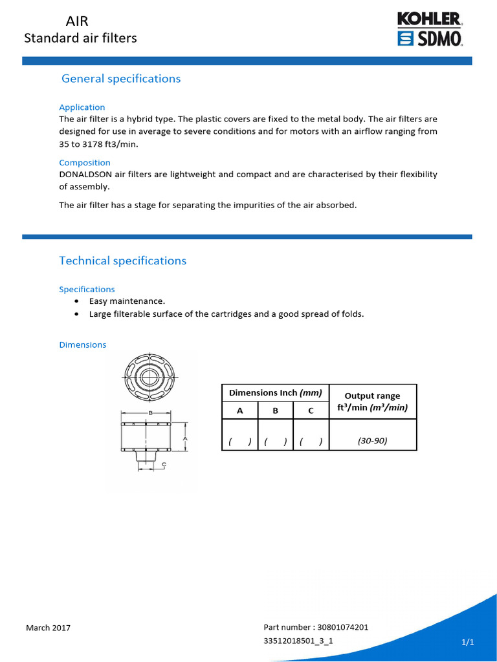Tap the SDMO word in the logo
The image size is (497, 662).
(438, 39)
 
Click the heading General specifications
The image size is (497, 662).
(120, 79)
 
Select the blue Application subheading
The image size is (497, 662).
(82, 107)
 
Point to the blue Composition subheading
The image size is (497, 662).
(84, 163)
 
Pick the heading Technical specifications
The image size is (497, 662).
(122, 261)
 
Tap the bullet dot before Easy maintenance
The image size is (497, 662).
(78, 301)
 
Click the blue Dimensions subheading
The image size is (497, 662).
(82, 345)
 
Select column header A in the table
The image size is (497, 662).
(240, 411)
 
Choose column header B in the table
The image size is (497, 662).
(275, 411)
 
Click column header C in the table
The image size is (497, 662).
(311, 411)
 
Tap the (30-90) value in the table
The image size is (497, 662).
(372, 441)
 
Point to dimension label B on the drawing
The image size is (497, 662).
(150, 412)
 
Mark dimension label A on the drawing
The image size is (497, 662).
(185, 438)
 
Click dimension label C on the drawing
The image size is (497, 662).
(164, 464)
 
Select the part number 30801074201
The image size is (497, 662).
(343, 627)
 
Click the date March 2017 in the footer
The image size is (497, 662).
(48, 628)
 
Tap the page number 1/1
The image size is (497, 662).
(467, 642)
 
